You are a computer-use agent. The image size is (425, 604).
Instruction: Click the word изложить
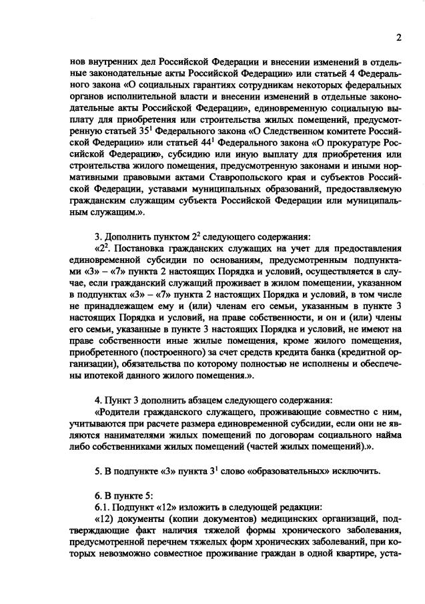(182, 507)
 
